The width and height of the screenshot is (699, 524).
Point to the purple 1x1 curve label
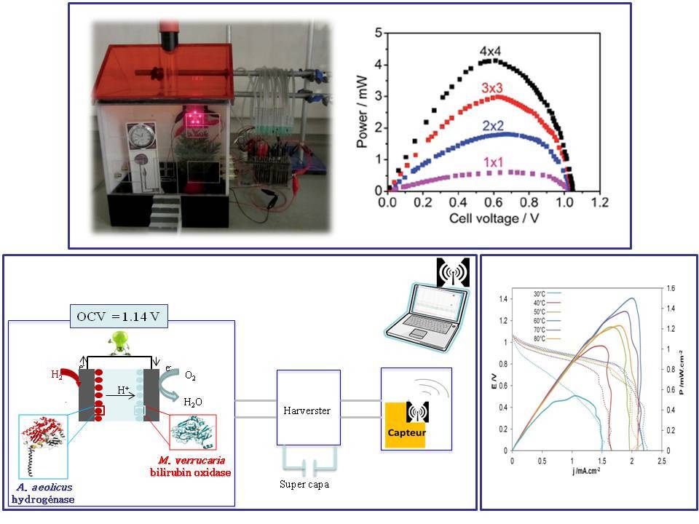(492, 161)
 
